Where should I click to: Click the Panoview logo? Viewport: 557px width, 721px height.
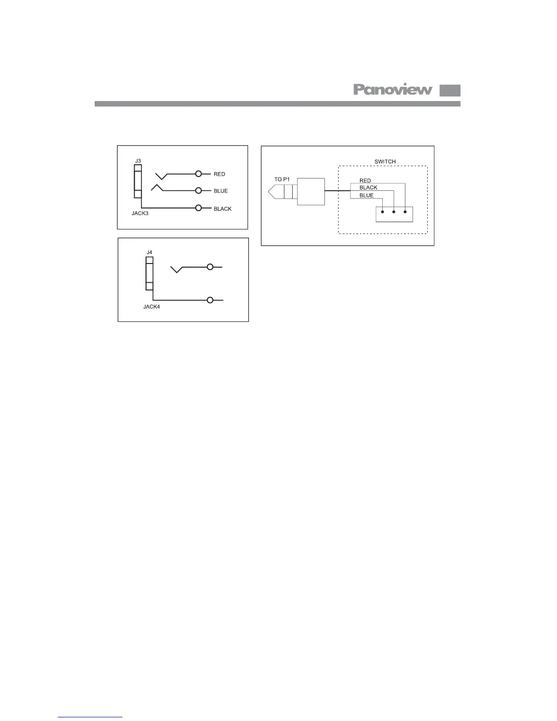[x=393, y=90]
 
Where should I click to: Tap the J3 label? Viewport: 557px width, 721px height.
[x=138, y=161]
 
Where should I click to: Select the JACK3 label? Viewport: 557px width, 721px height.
[x=140, y=213]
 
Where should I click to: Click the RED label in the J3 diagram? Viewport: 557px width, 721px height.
[x=219, y=174]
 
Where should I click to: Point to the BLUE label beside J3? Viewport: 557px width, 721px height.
[x=221, y=191]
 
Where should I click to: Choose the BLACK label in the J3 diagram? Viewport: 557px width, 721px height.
[x=223, y=209]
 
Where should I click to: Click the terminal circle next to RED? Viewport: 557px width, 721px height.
[x=198, y=174]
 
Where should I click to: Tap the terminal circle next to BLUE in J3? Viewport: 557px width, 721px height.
[x=198, y=191]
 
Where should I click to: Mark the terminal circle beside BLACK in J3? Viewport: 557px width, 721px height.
[x=198, y=208]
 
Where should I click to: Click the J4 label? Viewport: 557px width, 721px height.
[x=149, y=252]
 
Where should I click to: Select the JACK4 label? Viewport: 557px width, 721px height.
[x=152, y=307]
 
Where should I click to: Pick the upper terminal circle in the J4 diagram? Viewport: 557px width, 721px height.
[x=210, y=267]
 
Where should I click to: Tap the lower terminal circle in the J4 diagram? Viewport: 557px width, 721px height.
[x=210, y=300]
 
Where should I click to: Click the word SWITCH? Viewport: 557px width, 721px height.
[x=385, y=162]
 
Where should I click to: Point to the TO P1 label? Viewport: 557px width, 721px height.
[x=282, y=179]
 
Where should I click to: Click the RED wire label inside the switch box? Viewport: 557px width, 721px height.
[x=365, y=181]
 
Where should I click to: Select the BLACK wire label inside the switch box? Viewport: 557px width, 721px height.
[x=368, y=188]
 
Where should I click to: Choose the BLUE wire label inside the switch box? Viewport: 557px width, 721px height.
[x=366, y=195]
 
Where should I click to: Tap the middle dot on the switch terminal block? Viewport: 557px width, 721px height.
[x=394, y=212]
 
